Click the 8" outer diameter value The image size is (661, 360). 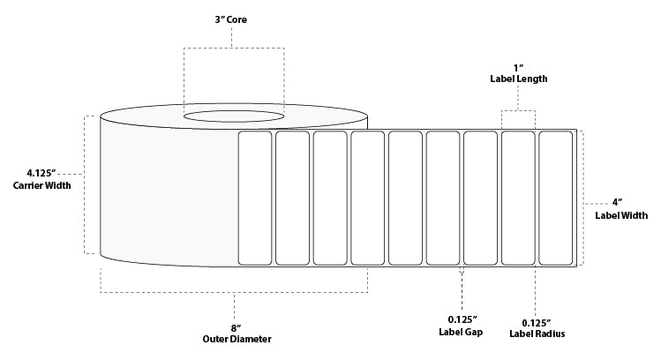click(x=235, y=326)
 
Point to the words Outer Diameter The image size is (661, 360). click(x=235, y=340)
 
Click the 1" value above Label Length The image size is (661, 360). click(x=518, y=66)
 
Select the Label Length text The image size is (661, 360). click(x=518, y=79)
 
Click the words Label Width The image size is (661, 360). click(x=621, y=214)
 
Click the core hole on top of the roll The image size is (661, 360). click(x=234, y=115)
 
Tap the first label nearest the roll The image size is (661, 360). click(x=255, y=197)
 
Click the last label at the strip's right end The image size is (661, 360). click(x=555, y=197)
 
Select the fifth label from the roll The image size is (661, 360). click(x=405, y=197)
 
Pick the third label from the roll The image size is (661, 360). click(x=330, y=197)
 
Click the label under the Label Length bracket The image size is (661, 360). click(x=518, y=197)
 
